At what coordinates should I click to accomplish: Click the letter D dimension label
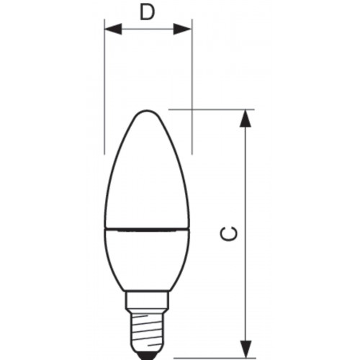[148, 12]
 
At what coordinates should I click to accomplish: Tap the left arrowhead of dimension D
[109, 29]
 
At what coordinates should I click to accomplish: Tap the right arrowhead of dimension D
[186, 29]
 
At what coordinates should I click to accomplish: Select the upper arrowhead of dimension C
[246, 117]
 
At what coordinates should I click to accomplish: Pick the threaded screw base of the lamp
[148, 328]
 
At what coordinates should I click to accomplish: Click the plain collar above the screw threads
[148, 299]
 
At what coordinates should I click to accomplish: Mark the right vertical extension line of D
[192, 72]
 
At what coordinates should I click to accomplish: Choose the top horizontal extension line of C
[216, 109]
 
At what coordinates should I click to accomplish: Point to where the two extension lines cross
[192, 109]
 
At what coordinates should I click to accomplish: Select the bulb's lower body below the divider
[147, 259]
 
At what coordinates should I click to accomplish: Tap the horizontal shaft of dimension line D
[148, 29]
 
